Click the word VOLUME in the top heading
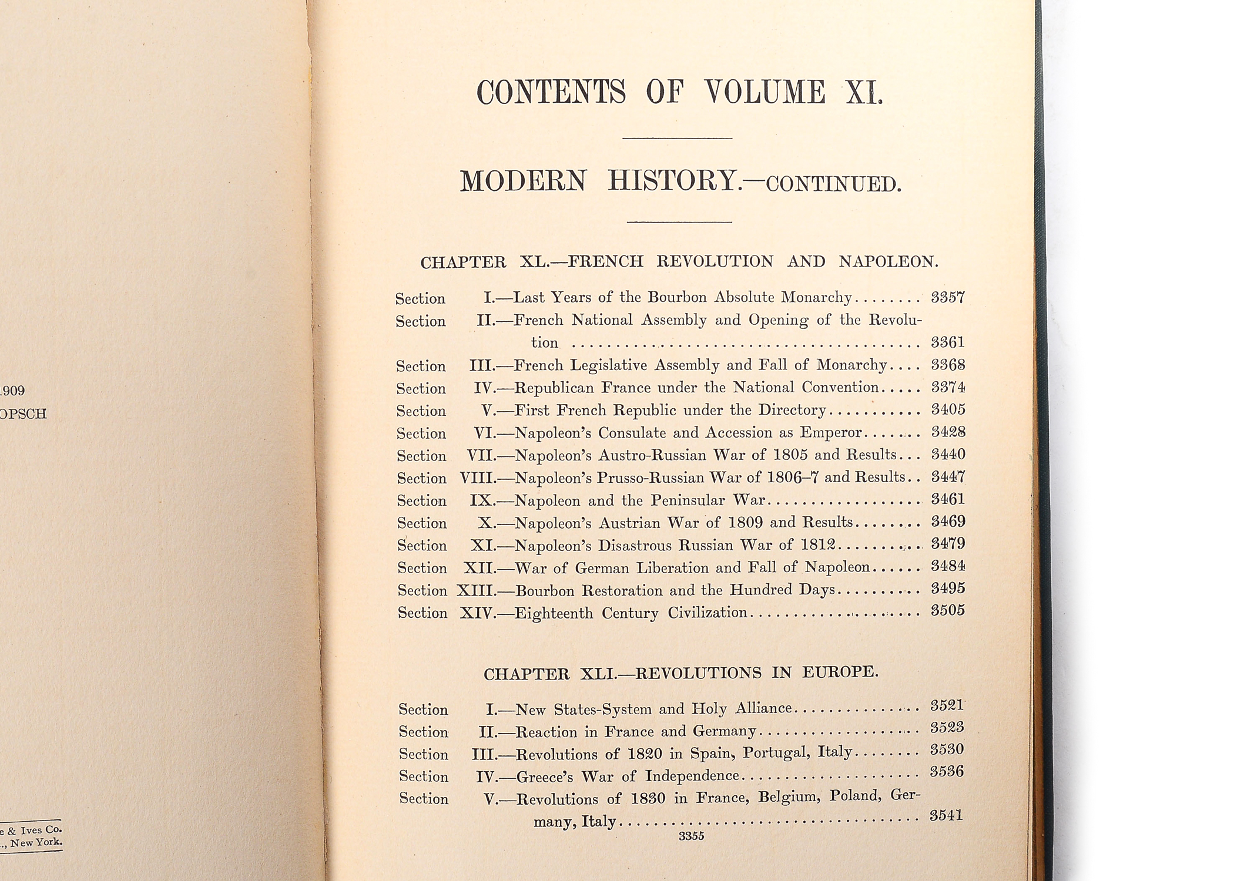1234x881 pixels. click(764, 93)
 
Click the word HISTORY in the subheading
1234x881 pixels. click(672, 180)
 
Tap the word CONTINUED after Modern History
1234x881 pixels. click(833, 184)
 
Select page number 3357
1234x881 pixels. click(948, 297)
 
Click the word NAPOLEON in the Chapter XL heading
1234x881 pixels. click(887, 261)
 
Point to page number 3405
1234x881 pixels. click(948, 409)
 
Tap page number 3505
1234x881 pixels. click(947, 611)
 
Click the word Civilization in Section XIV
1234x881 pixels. click(707, 613)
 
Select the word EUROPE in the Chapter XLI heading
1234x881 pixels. click(840, 672)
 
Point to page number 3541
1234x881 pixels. click(946, 815)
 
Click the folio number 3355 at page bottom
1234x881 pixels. click(691, 836)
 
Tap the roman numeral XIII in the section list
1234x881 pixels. click(475, 590)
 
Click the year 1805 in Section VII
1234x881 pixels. click(791, 455)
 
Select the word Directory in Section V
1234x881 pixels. click(792, 409)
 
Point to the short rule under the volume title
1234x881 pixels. click(677, 138)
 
